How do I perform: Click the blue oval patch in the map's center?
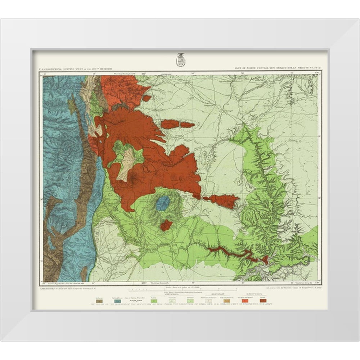tap(163, 203)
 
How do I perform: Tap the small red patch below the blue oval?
tap(166, 225)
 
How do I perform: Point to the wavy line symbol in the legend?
tap(135, 301)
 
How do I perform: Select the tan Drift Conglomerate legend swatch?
tap(227, 301)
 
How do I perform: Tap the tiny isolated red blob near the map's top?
tap(147, 98)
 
